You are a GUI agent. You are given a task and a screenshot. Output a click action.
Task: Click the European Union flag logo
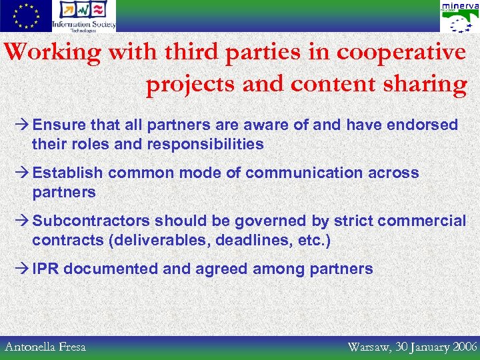25,16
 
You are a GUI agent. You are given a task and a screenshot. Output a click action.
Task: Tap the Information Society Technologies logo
84,16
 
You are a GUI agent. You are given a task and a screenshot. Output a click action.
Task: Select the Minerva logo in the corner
459,16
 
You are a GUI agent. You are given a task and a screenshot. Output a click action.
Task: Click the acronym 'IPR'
46,269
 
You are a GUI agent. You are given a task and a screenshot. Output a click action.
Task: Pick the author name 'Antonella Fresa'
45,346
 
